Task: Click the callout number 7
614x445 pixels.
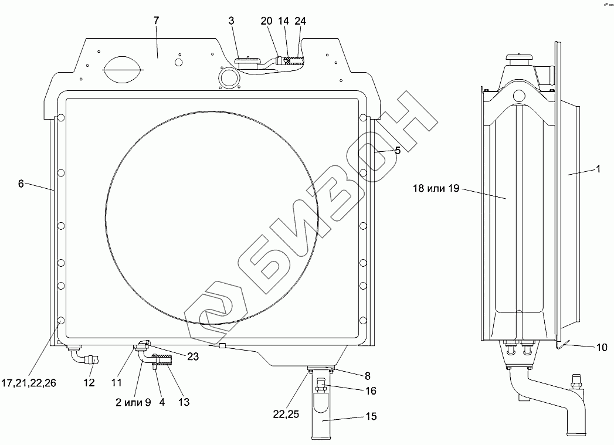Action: pyautogui.click(x=157, y=21)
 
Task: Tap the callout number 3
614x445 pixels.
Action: pyautogui.click(x=232, y=21)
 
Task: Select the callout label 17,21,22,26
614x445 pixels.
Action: pyautogui.click(x=29, y=383)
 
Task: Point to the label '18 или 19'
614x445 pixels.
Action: pyautogui.click(x=436, y=188)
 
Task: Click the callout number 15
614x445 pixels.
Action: pyautogui.click(x=371, y=416)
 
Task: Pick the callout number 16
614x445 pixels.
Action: pyautogui.click(x=371, y=390)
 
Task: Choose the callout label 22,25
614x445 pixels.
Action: pyautogui.click(x=286, y=414)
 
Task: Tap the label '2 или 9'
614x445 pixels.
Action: pyautogui.click(x=133, y=402)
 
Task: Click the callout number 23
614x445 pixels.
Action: pyautogui.click(x=193, y=356)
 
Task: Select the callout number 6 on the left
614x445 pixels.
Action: pyautogui.click(x=21, y=183)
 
